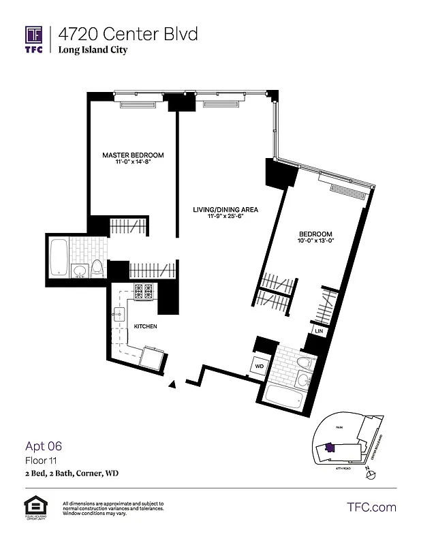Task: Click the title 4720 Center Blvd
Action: [128, 33]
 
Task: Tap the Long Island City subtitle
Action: [93, 50]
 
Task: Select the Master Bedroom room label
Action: [126, 155]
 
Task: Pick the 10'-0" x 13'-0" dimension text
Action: [315, 241]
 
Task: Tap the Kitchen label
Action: [145, 327]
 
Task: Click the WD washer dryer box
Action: [260, 366]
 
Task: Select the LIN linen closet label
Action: [318, 331]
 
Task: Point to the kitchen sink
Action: [120, 315]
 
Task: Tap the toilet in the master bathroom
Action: [97, 268]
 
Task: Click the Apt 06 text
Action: [44, 446]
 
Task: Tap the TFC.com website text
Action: [371, 507]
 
